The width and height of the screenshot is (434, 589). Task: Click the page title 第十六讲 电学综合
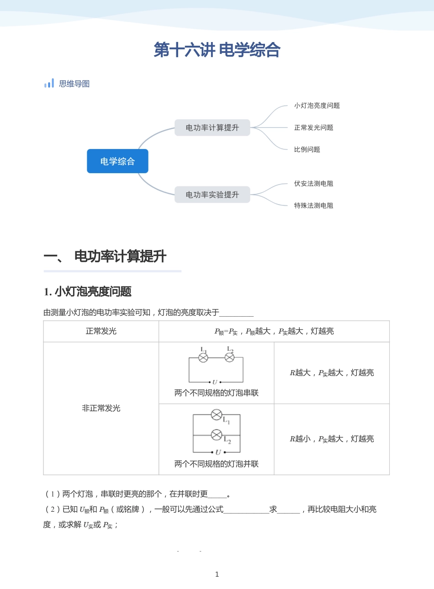(x=217, y=50)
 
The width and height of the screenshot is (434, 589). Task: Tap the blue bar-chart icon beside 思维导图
(x=49, y=83)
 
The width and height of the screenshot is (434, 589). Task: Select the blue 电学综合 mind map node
(x=117, y=161)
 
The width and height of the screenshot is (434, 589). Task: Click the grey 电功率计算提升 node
(x=212, y=127)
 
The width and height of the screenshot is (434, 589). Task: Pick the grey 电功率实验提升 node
(x=212, y=195)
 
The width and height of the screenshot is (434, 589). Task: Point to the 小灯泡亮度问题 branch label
(x=317, y=106)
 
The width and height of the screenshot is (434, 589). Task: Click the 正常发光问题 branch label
(x=313, y=127)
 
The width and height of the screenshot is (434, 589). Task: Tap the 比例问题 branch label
(x=307, y=149)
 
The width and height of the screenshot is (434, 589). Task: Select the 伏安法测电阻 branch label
(x=313, y=184)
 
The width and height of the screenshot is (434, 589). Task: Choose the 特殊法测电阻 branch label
(x=313, y=206)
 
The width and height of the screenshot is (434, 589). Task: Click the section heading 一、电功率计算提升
(x=105, y=256)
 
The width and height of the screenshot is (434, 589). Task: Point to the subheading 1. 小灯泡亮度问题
(x=88, y=292)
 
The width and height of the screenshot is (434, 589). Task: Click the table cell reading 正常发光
(x=101, y=331)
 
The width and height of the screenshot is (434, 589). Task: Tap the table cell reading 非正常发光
(x=101, y=408)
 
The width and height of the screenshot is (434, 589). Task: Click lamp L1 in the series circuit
(x=203, y=358)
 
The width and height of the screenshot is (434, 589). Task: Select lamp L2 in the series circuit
(x=230, y=358)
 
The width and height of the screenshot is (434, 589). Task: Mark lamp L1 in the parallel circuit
(x=217, y=415)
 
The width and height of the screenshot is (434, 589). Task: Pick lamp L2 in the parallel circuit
(x=217, y=435)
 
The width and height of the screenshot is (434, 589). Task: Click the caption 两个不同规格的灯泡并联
(x=217, y=464)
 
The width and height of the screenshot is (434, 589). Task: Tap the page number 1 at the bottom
(x=217, y=574)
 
